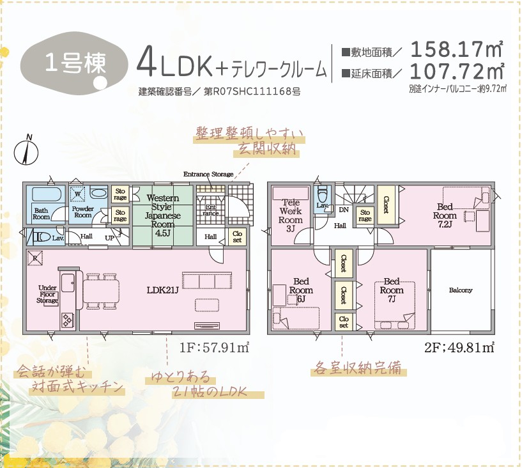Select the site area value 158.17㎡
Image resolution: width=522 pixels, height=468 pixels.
(456, 49)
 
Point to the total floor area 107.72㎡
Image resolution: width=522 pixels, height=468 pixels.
(457, 71)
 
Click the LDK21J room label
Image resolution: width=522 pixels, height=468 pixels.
(163, 290)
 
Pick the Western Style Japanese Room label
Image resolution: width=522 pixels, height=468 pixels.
(163, 215)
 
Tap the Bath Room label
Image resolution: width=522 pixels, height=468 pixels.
(42, 214)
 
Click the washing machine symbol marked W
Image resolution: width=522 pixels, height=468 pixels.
(77, 194)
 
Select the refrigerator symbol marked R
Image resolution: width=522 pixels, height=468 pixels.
(35, 258)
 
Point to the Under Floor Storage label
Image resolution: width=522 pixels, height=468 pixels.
(47, 294)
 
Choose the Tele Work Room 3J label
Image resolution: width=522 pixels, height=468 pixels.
(290, 215)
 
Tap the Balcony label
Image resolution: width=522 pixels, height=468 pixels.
(461, 290)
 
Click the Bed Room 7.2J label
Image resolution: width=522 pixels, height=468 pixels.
(445, 215)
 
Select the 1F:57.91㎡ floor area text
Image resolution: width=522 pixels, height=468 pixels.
(215, 348)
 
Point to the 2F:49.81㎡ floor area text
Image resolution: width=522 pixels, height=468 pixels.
(459, 348)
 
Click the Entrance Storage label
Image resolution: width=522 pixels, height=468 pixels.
(208, 174)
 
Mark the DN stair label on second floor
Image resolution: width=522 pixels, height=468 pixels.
(344, 210)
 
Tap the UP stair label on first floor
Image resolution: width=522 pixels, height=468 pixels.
(110, 238)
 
